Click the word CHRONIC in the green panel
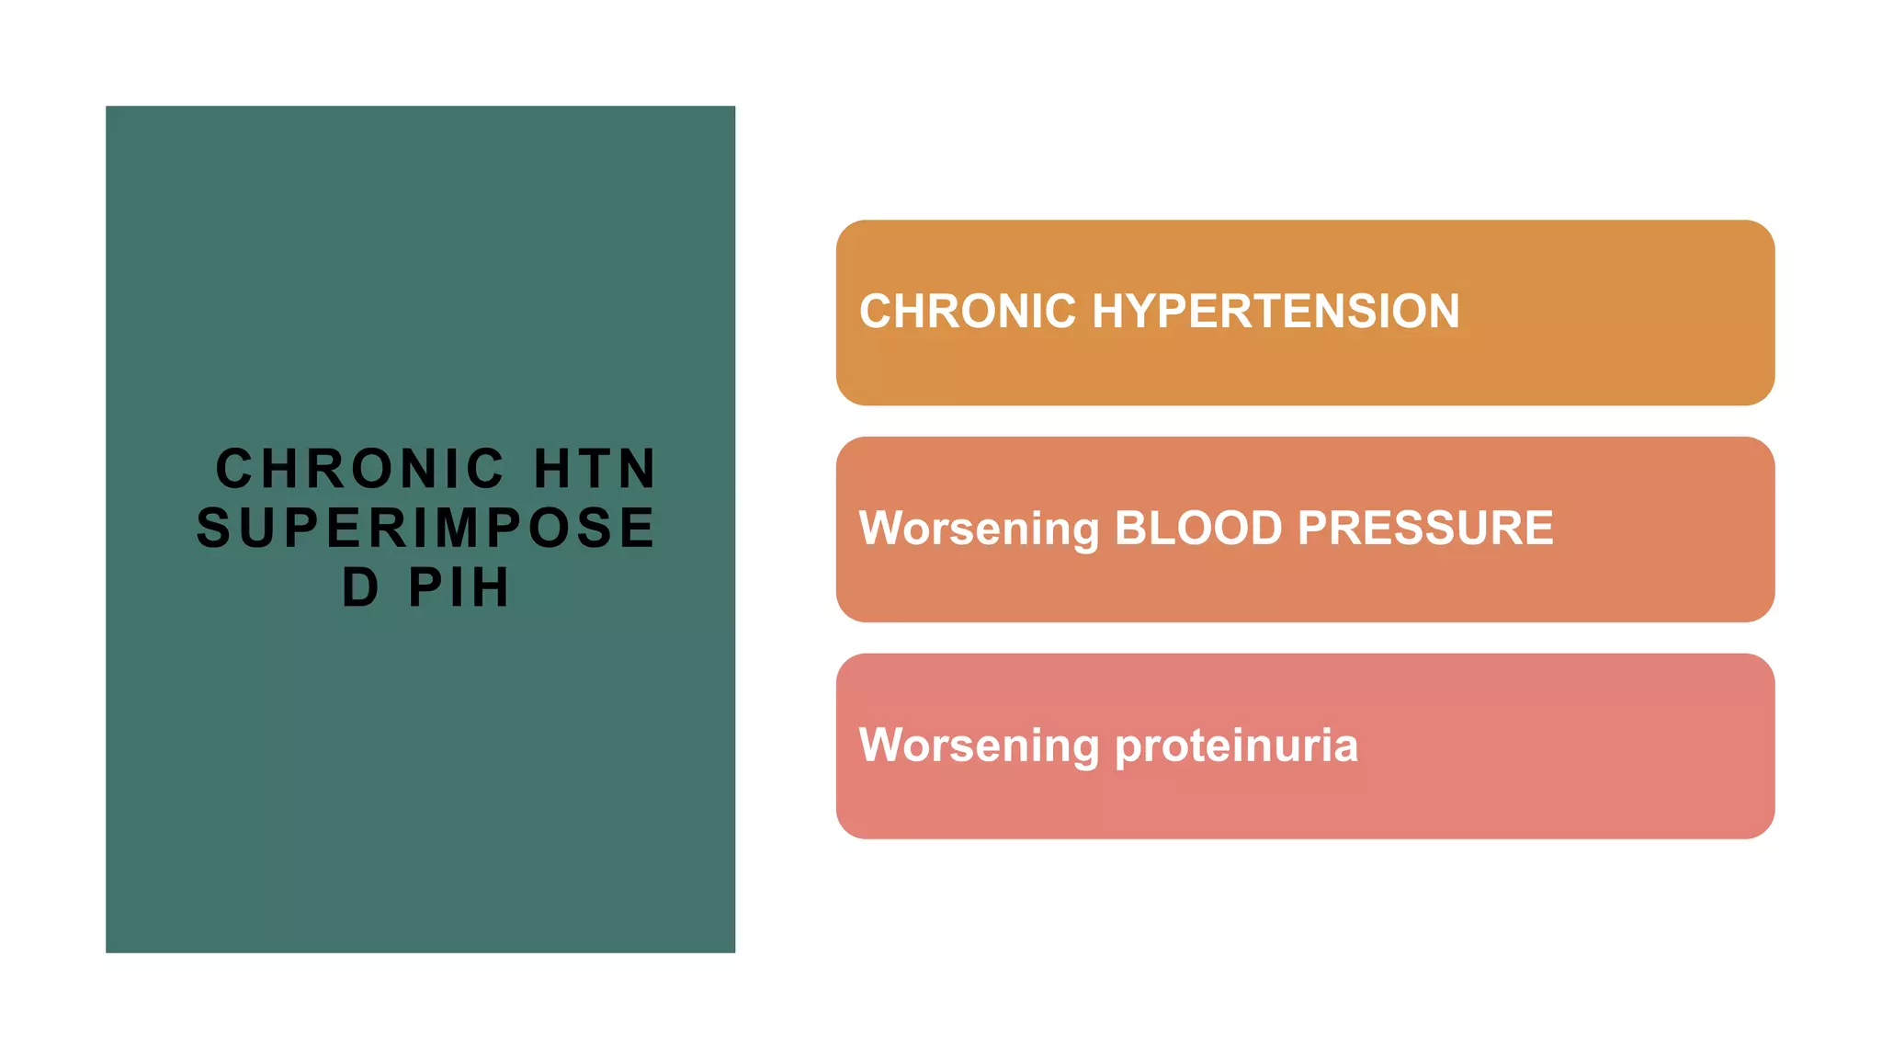click(359, 469)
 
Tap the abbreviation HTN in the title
click(595, 469)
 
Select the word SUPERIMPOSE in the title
click(426, 528)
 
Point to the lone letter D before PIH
click(360, 587)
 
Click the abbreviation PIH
click(459, 587)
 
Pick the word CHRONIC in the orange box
click(967, 311)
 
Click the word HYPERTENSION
click(1275, 311)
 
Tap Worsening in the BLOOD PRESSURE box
click(979, 529)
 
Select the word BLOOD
click(1197, 528)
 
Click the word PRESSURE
click(1425, 528)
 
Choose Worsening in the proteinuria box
click(979, 746)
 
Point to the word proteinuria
click(1236, 746)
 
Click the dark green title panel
click(420, 781)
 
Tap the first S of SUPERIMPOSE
click(213, 528)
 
